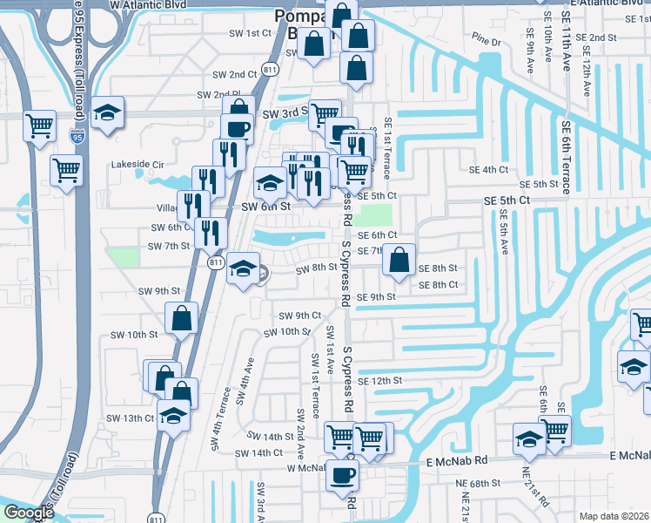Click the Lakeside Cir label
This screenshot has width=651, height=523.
click(x=138, y=164)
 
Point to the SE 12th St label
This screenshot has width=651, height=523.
click(x=385, y=381)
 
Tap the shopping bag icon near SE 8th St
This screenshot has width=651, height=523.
click(x=398, y=261)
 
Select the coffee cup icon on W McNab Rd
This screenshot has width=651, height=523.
click(x=342, y=475)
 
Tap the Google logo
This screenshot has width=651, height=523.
click(x=28, y=513)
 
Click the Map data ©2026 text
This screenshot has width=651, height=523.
click(x=614, y=515)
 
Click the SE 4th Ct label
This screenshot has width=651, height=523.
click(x=487, y=169)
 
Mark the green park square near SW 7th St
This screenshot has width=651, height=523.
click(x=123, y=257)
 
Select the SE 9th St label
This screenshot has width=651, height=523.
click(x=377, y=297)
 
